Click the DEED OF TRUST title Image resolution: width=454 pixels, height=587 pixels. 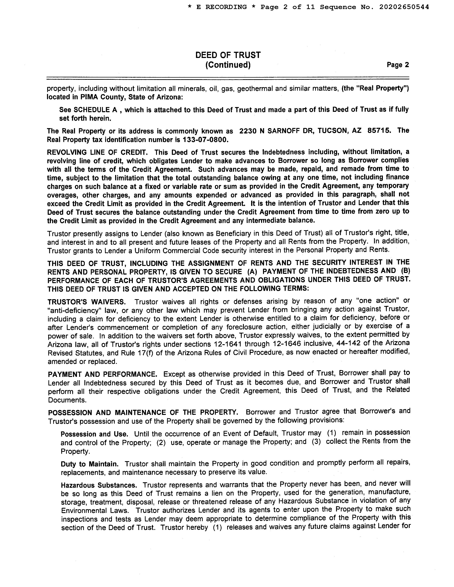click(x=228, y=55)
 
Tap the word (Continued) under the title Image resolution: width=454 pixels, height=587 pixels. click(x=228, y=65)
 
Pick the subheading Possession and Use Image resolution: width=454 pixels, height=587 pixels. click(x=94, y=434)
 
